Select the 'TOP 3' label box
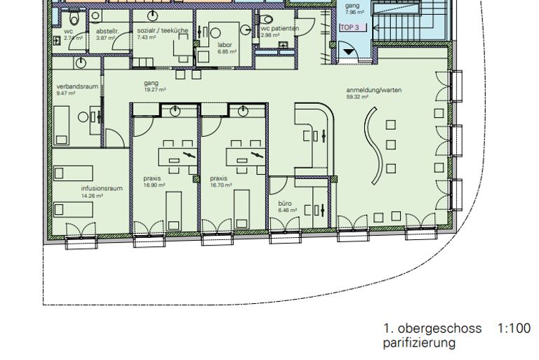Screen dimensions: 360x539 350,27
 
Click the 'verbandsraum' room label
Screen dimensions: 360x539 76,86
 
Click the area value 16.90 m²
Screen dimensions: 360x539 154,185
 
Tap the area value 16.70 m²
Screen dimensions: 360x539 221,185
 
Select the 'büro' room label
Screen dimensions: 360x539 284,204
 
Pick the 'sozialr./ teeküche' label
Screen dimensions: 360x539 162,32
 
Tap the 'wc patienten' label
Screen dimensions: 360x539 280,28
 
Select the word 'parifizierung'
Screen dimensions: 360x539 419,343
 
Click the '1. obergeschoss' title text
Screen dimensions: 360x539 432,328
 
